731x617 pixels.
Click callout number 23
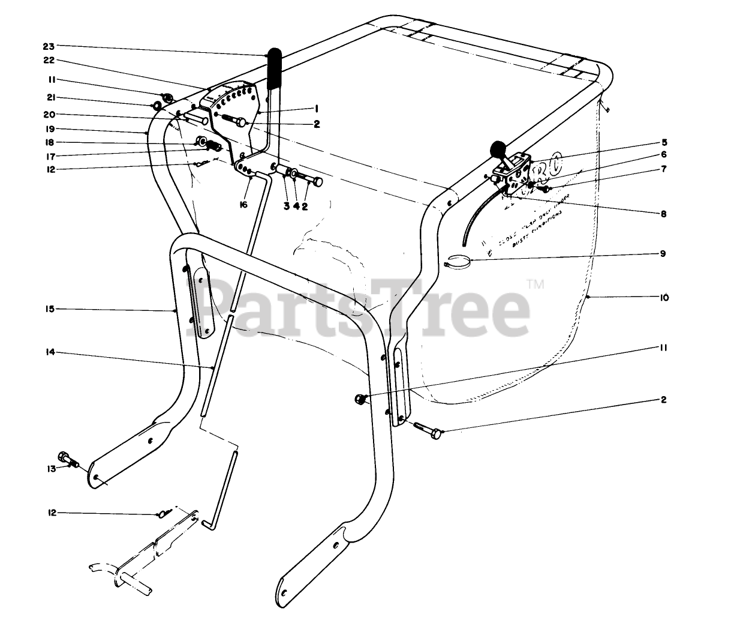click(x=50, y=46)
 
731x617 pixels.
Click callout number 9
click(x=663, y=253)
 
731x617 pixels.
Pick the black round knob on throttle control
click(x=498, y=147)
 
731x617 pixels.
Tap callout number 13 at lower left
click(x=51, y=468)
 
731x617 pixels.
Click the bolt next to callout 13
click(x=67, y=459)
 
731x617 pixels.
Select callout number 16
click(x=243, y=205)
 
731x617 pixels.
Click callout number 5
click(x=664, y=143)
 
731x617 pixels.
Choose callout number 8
click(x=664, y=213)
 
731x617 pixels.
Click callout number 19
click(x=50, y=128)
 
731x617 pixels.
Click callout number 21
click(x=50, y=97)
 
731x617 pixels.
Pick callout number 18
click(x=50, y=142)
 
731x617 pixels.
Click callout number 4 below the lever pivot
click(x=297, y=206)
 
